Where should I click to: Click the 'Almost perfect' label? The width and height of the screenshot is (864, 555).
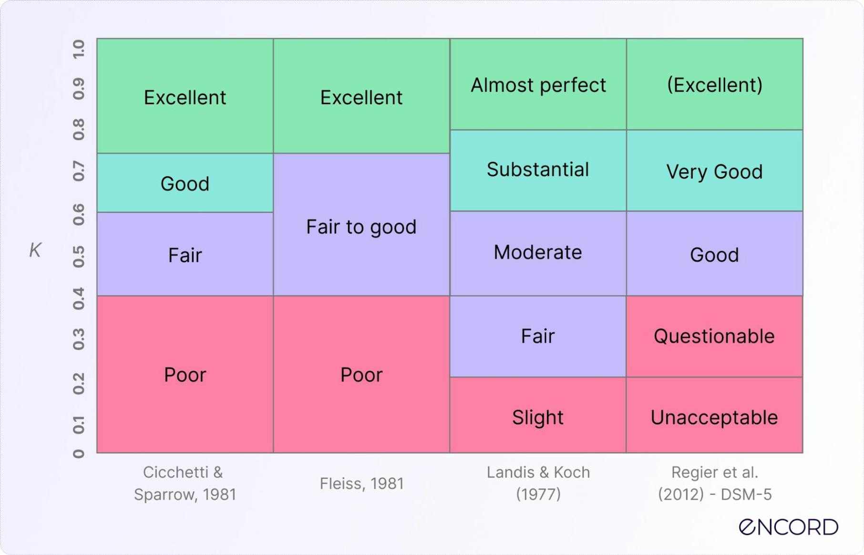pyautogui.click(x=538, y=85)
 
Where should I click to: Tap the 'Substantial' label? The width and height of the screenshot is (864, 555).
pyautogui.click(x=538, y=169)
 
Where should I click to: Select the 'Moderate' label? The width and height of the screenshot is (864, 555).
pyautogui.click(x=538, y=252)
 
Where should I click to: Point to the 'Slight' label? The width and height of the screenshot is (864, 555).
pyautogui.click(x=538, y=418)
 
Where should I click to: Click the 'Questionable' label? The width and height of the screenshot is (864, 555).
pyautogui.click(x=714, y=336)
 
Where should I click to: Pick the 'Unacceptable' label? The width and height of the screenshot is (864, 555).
pyautogui.click(x=714, y=418)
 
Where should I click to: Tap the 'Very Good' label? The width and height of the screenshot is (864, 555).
pyautogui.click(x=714, y=171)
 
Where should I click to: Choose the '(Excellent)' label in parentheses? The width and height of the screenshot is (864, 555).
pyautogui.click(x=714, y=85)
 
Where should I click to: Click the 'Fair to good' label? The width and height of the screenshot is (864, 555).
pyautogui.click(x=361, y=227)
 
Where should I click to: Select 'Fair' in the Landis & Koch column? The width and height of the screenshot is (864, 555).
pyautogui.click(x=538, y=336)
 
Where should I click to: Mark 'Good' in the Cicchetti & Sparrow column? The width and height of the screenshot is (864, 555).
pyautogui.click(x=185, y=184)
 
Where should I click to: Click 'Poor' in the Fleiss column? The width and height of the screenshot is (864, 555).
pyautogui.click(x=361, y=375)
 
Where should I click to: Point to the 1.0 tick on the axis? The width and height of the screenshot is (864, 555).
pyautogui.click(x=79, y=49)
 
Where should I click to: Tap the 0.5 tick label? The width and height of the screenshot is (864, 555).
pyautogui.click(x=79, y=257)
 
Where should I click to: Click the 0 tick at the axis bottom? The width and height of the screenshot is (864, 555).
pyautogui.click(x=79, y=453)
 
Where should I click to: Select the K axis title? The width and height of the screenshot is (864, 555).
pyautogui.click(x=35, y=250)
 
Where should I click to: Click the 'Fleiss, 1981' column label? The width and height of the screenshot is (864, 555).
pyautogui.click(x=361, y=483)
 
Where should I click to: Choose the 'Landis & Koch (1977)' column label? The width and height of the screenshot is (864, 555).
pyautogui.click(x=538, y=483)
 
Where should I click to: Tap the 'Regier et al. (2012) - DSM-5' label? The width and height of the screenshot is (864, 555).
pyautogui.click(x=714, y=483)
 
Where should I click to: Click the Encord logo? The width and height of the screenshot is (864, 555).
pyautogui.click(x=788, y=527)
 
